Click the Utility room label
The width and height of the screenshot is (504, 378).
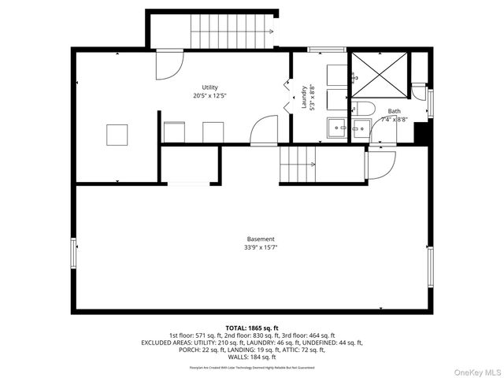click(x=209, y=87)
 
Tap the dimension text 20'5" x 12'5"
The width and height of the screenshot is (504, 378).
click(x=209, y=96)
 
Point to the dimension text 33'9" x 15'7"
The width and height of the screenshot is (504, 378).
click(x=260, y=247)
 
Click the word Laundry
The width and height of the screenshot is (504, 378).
click(x=304, y=97)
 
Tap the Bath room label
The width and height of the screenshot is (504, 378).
click(x=395, y=112)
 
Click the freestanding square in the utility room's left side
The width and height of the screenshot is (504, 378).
click(x=118, y=135)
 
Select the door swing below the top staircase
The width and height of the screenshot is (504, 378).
click(x=167, y=65)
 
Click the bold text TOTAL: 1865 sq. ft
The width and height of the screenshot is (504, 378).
click(x=252, y=328)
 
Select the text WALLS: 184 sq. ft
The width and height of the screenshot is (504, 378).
click(x=252, y=358)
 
